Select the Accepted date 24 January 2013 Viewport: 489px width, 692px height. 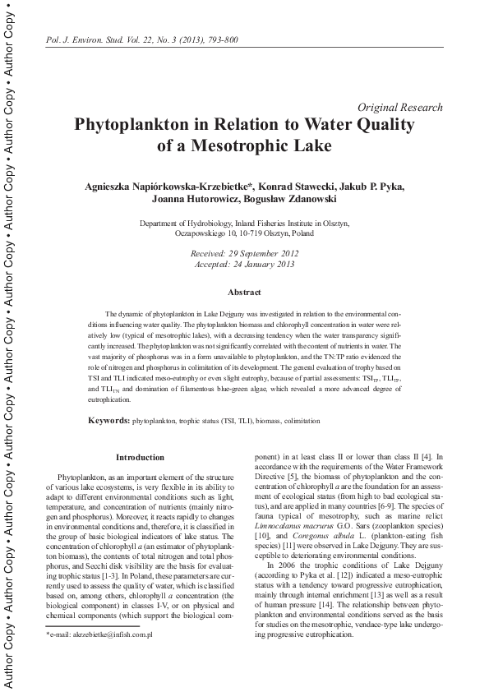tap(245, 265)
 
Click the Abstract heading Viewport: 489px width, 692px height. tap(244, 293)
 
